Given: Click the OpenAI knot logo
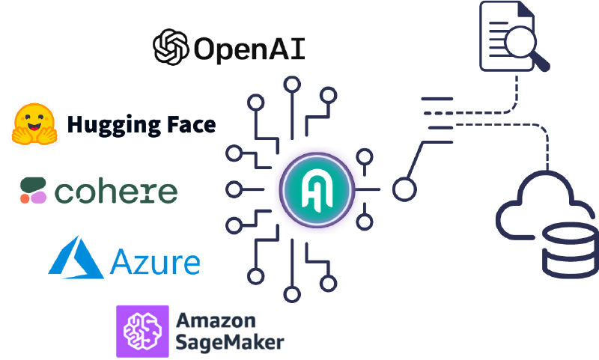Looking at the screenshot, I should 170,47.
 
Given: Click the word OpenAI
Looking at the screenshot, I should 249,49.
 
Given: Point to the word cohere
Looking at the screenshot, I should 116,192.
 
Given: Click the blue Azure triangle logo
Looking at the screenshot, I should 76,257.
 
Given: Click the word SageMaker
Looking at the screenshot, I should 229,342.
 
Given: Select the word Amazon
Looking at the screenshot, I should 216,320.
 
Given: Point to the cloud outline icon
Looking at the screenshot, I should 532,202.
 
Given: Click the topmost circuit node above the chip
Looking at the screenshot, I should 293,83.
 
